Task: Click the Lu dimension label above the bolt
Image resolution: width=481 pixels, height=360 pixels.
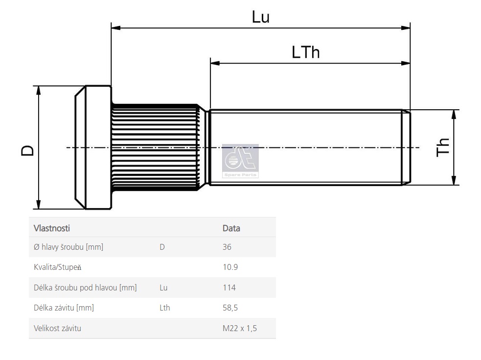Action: point(261,17)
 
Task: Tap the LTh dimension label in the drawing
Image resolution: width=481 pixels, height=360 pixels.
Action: point(305,52)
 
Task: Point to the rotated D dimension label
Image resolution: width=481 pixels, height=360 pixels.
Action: point(28,150)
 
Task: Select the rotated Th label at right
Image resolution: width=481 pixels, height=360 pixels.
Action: point(443,147)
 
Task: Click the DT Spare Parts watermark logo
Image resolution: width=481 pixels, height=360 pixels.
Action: point(240,161)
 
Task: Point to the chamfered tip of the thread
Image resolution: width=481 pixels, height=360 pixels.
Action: point(406,147)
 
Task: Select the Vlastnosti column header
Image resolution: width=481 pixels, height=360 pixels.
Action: point(52,228)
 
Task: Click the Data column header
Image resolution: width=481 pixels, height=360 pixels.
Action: point(231,228)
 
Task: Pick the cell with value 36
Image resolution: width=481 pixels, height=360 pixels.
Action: point(227,247)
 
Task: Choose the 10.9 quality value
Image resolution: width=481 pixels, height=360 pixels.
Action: point(230,267)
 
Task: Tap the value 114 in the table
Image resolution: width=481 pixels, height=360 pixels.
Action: point(229,288)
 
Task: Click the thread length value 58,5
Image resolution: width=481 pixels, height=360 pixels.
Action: point(230,308)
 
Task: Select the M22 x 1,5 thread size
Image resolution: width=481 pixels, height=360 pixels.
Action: point(240,328)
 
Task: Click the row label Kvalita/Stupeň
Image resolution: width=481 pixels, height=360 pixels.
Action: point(58,267)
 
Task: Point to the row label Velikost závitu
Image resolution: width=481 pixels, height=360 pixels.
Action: point(58,328)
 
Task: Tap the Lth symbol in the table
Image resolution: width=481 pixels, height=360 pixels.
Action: point(165,308)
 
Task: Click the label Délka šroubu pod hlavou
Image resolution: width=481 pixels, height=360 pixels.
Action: point(85,288)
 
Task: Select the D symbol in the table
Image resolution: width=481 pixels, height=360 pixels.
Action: point(162,247)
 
